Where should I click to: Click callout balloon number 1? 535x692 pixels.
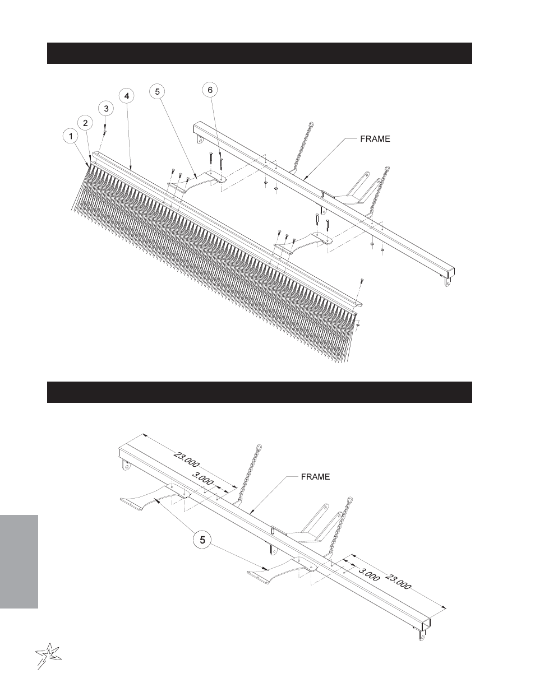pyautogui.click(x=71, y=136)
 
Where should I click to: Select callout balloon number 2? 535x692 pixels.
pyautogui.click(x=85, y=123)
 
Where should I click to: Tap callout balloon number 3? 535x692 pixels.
pyautogui.click(x=106, y=109)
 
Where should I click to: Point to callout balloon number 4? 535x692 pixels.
pyautogui.click(x=127, y=96)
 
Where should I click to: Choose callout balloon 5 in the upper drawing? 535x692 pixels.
pyautogui.click(x=158, y=92)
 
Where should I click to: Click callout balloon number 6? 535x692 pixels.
pyautogui.click(x=210, y=90)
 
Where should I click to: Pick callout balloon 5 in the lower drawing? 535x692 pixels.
pyautogui.click(x=202, y=540)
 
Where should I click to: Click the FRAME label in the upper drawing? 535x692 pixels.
pyautogui.click(x=375, y=139)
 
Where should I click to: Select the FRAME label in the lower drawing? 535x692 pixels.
pyautogui.click(x=316, y=477)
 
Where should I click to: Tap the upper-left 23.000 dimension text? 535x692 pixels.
pyautogui.click(x=186, y=459)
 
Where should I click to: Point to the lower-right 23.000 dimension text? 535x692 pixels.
pyautogui.click(x=398, y=581)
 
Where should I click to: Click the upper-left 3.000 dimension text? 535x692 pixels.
pyautogui.click(x=202, y=479)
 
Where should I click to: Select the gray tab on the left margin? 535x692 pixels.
pyautogui.click(x=19, y=562)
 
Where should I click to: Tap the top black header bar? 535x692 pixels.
pyautogui.click(x=260, y=53)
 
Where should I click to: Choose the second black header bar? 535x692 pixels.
pyautogui.click(x=260, y=392)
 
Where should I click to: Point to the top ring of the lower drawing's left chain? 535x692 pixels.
pyautogui.click(x=259, y=448)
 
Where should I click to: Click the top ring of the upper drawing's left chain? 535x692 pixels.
pyautogui.click(x=311, y=124)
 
